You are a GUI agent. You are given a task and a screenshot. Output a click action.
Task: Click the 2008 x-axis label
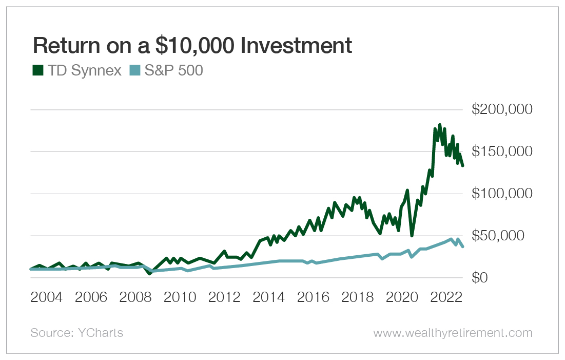[136, 298]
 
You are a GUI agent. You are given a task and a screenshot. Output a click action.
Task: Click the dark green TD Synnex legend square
[37, 71]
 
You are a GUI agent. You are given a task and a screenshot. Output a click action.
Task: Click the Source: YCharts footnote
[77, 333]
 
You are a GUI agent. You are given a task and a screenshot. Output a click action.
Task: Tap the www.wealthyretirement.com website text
[453, 333]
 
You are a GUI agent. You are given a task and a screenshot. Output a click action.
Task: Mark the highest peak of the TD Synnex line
[440, 125]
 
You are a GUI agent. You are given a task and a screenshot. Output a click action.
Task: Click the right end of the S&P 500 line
[463, 247]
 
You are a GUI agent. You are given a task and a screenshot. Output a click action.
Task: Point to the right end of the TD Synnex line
[463, 165]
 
